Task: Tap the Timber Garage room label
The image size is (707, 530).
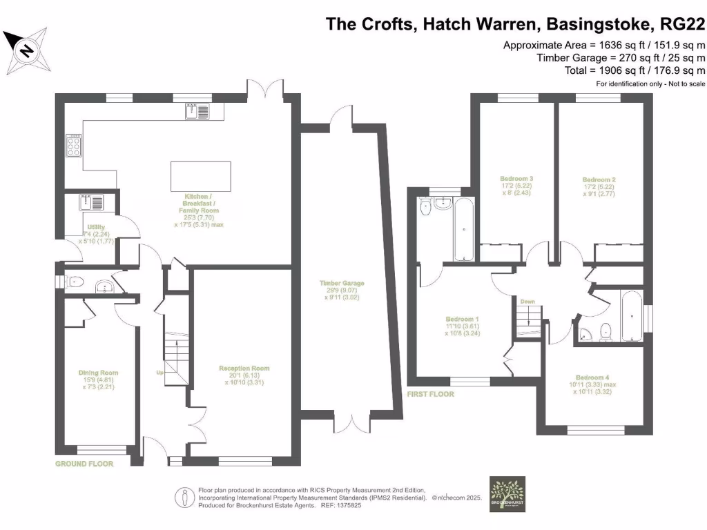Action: point(341,283)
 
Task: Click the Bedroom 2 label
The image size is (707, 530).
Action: point(599,179)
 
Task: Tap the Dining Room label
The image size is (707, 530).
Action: point(97,373)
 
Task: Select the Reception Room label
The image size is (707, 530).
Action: point(244,369)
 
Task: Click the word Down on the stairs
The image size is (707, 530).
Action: point(527,302)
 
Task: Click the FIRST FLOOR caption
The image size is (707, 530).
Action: point(431,394)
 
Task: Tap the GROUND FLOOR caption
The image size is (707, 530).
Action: point(84,464)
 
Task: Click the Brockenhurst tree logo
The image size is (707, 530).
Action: point(507,494)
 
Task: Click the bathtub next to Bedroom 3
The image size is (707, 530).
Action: point(464,228)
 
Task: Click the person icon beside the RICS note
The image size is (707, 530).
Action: point(184,495)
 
